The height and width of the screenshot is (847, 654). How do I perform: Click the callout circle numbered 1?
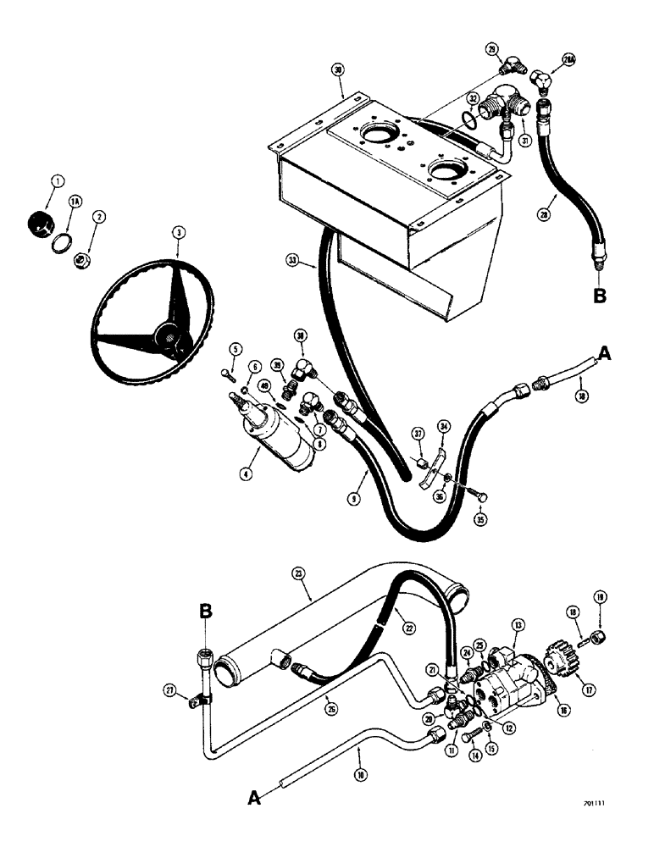pyautogui.click(x=57, y=180)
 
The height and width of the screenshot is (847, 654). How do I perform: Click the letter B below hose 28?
pyautogui.click(x=599, y=296)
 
